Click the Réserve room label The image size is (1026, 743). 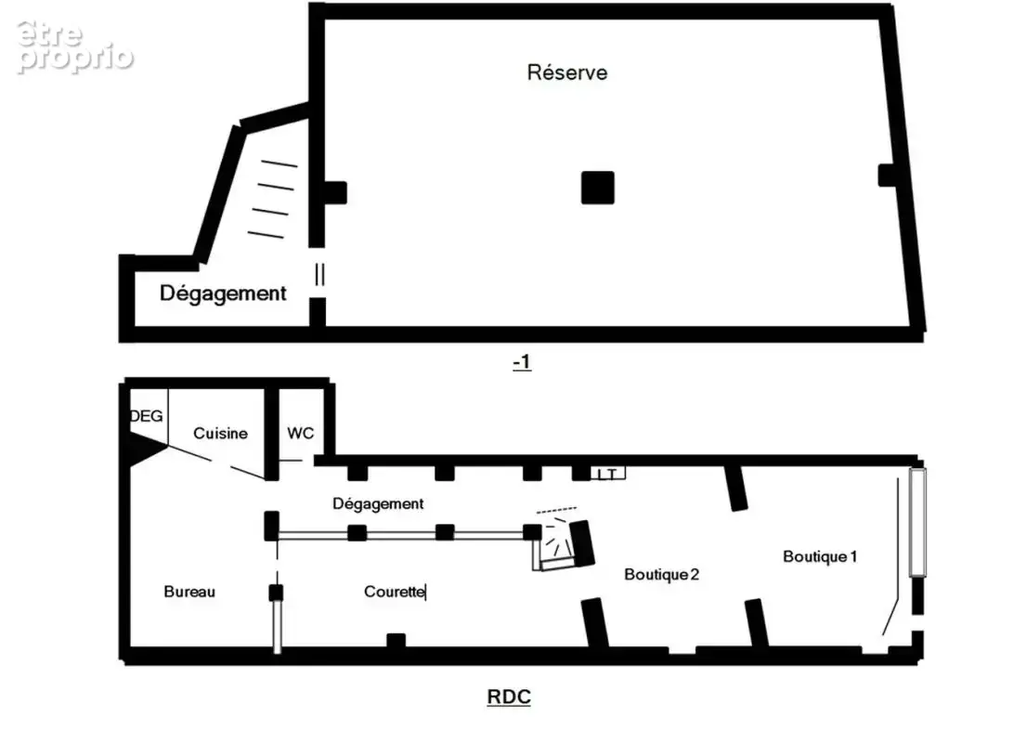(x=566, y=72)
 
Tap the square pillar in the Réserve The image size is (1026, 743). (x=597, y=188)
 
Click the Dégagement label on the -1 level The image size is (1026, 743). (x=223, y=293)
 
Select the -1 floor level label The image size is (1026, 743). (x=522, y=362)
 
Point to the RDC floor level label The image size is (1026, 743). (x=509, y=697)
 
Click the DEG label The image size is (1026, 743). (x=147, y=416)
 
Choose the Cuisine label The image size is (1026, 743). (x=220, y=434)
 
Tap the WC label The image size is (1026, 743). (x=300, y=433)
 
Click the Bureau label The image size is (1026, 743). (x=189, y=592)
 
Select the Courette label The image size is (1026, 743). (x=395, y=592)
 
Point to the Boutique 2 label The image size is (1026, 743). (x=661, y=575)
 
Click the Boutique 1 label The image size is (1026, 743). (x=820, y=556)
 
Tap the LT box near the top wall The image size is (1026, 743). (x=608, y=474)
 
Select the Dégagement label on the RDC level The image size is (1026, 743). (x=378, y=503)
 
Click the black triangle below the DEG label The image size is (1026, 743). (x=146, y=449)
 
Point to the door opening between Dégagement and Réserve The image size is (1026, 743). (x=318, y=274)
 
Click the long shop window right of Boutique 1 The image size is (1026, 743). (x=917, y=522)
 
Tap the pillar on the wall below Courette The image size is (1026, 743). (x=396, y=641)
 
